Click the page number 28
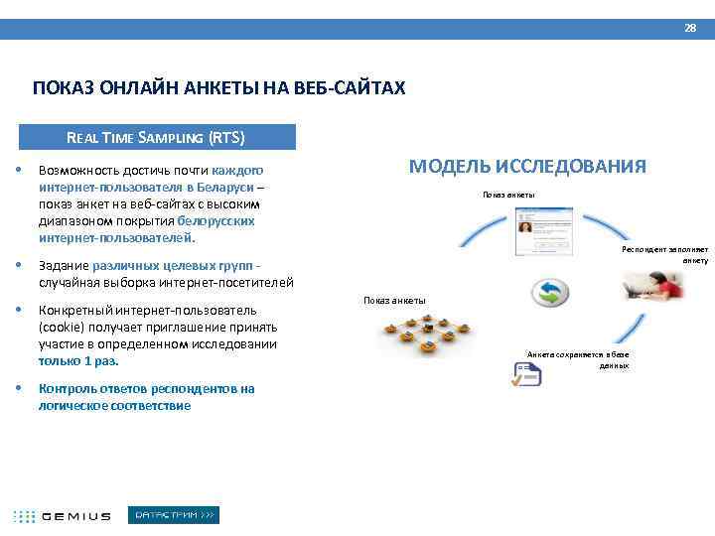[x=690, y=28]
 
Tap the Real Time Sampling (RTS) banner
[x=155, y=137]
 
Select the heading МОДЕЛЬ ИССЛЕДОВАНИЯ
[x=527, y=166]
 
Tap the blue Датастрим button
[x=175, y=515]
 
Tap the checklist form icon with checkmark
[x=524, y=375]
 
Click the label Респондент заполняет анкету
[x=664, y=254]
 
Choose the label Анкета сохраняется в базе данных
[x=578, y=359]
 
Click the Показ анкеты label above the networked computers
[x=394, y=300]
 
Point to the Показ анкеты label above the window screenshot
[x=508, y=194]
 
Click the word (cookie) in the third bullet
[x=61, y=327]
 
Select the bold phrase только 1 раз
[x=78, y=361]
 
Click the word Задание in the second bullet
[x=63, y=265]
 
